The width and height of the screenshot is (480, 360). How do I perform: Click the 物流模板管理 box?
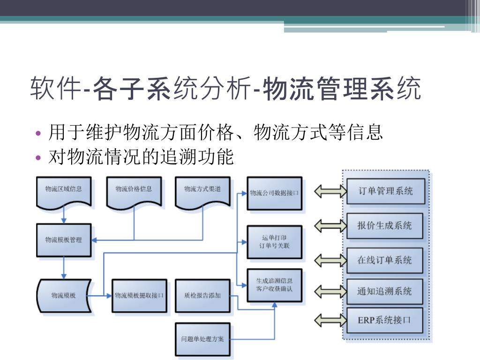pos(63,240)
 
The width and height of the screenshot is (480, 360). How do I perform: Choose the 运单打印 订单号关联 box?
pos(274,241)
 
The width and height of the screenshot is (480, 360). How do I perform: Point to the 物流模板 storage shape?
pos(63,295)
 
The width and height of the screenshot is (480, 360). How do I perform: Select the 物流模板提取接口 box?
pos(139,295)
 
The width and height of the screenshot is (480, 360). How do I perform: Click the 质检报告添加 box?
pos(202,295)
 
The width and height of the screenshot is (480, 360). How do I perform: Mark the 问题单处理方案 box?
pos(202,338)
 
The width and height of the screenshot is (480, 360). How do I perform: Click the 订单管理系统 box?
pos(386,191)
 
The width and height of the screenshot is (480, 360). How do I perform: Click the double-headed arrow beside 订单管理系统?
pos(330,191)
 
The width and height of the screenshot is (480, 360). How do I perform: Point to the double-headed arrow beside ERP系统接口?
pos(330,321)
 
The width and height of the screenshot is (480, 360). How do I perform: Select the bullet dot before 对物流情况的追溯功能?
pos(39,157)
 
